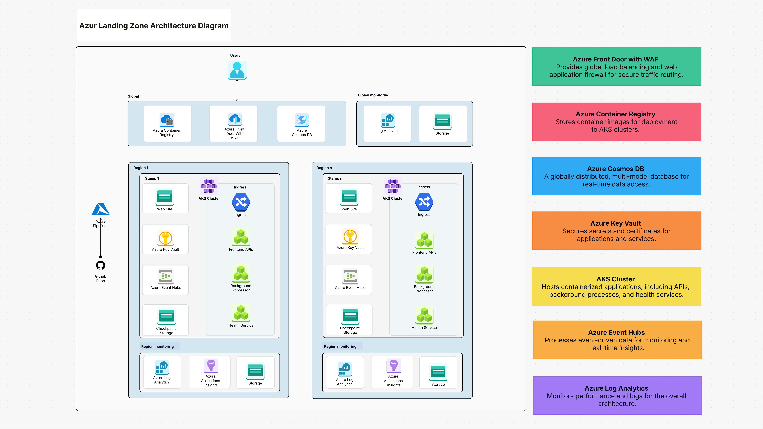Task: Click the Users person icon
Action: (x=237, y=70)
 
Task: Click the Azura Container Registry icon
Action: (x=167, y=120)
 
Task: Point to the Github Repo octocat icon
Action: (x=100, y=265)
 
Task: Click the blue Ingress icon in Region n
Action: (x=424, y=202)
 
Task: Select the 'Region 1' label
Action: (x=141, y=168)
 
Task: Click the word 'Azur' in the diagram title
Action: (x=88, y=26)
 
